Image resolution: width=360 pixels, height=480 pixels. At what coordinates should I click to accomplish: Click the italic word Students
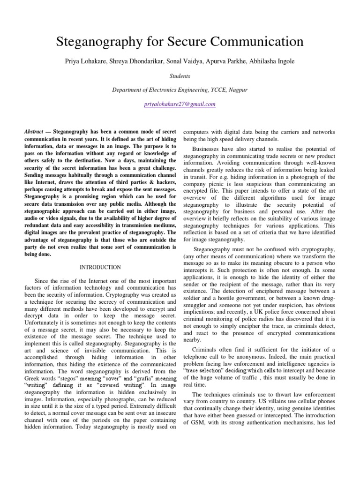[x=180, y=75]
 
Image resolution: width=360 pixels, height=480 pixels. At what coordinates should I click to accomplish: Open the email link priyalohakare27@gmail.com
[x=180, y=105]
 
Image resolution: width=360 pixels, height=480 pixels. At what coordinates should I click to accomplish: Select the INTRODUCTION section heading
[x=100, y=267]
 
